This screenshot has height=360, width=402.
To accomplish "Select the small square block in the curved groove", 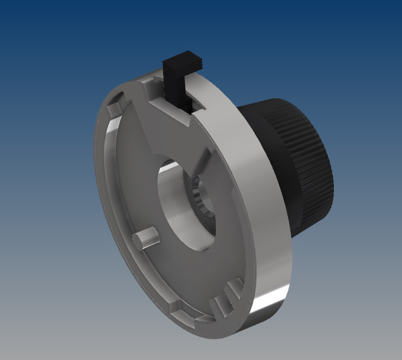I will (176, 307).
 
